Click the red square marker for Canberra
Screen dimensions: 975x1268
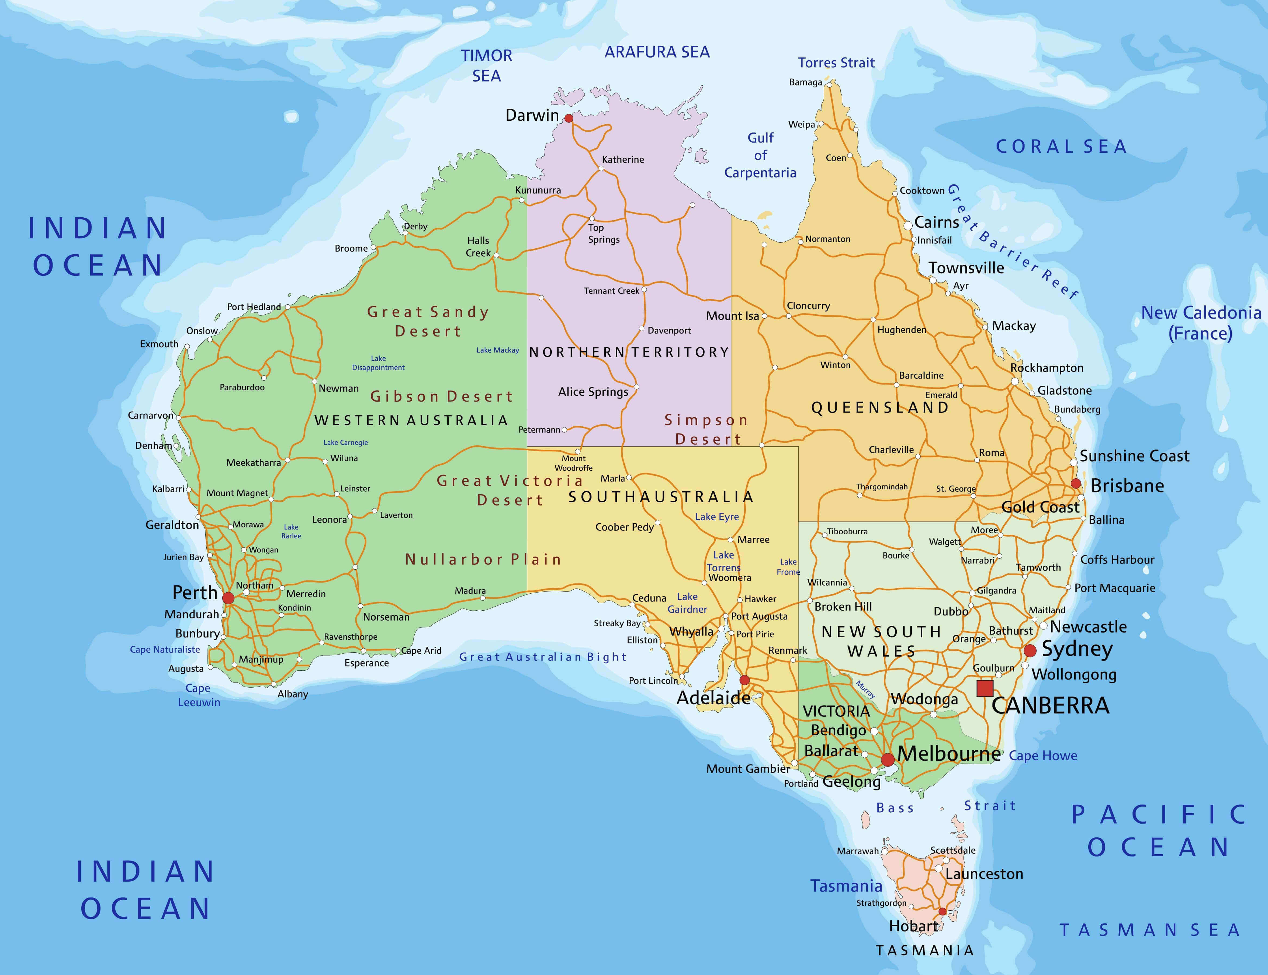coord(985,688)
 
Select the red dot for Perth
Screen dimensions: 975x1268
coord(228,598)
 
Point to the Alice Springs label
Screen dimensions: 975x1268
coord(593,392)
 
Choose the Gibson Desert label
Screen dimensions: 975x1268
coord(442,396)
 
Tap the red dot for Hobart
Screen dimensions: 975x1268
coord(942,912)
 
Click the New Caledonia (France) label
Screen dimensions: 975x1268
coord(1201,323)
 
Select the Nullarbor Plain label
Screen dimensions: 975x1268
coord(483,559)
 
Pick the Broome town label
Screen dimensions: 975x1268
coord(351,248)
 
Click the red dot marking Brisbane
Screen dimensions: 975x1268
coord(1075,483)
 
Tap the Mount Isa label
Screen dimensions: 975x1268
coord(732,316)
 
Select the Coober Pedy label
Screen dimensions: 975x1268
coord(624,527)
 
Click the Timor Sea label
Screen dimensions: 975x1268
coord(487,65)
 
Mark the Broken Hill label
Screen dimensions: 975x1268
coord(843,607)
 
